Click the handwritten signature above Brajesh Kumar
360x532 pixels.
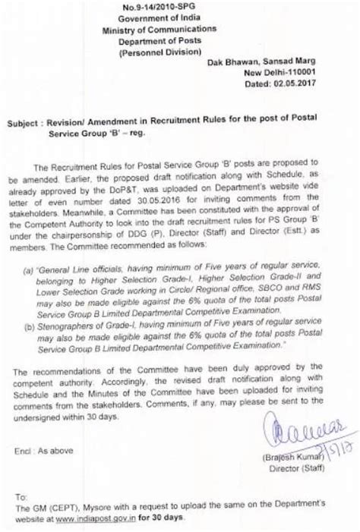[x=299, y=437]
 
